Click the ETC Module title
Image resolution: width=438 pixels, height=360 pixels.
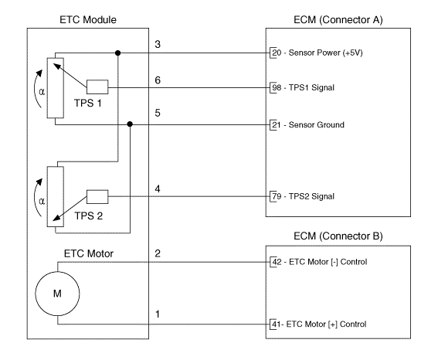point(88,20)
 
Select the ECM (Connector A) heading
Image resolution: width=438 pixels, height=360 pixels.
point(338,20)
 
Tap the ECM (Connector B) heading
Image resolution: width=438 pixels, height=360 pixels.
point(338,236)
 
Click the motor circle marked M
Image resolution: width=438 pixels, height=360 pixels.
point(57,294)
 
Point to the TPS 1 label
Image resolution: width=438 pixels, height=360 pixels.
point(88,103)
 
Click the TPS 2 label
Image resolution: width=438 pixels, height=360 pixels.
point(89,216)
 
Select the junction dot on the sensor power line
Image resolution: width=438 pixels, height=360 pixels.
point(118,53)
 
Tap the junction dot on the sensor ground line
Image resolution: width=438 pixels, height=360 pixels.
point(130,124)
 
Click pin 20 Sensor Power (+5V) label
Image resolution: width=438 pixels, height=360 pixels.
point(317,53)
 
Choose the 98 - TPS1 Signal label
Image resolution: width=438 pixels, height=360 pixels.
point(304,88)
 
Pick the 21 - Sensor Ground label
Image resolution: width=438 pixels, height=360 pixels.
point(308,125)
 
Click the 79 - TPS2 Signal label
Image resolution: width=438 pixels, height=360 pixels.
point(304,196)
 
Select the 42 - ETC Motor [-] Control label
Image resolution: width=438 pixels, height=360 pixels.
point(320,262)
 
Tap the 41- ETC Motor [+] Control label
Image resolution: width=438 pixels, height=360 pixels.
point(319,324)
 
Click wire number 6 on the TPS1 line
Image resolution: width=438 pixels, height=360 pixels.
point(158,80)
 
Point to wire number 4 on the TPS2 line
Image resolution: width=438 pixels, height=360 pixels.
point(158,189)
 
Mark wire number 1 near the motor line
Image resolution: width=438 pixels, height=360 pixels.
point(158,314)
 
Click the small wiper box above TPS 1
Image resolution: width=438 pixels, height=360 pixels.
point(97,87)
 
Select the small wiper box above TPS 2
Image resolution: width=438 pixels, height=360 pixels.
point(97,197)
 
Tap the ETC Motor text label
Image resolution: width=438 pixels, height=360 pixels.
point(89,254)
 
